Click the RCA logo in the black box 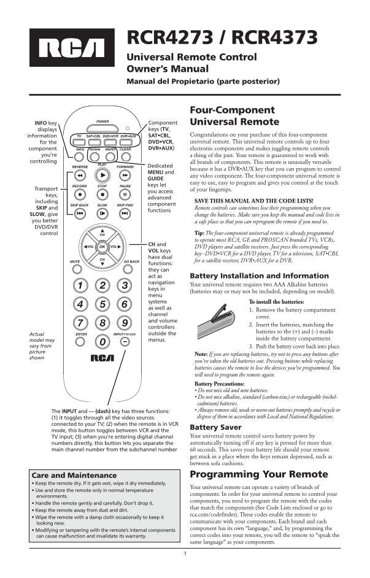tap(72, 48)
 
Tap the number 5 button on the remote tap(102, 303)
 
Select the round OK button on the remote tap(102, 247)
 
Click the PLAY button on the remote tap(102, 175)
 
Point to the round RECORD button tap(80, 195)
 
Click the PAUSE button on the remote tap(125, 195)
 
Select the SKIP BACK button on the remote tap(80, 214)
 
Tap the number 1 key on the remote tap(80, 285)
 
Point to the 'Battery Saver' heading tap(215, 426)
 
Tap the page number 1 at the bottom tap(185, 554)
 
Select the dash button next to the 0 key tap(125, 341)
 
